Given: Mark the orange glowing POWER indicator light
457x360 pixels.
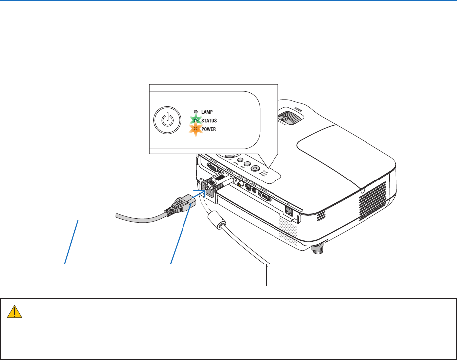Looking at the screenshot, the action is (x=196, y=128).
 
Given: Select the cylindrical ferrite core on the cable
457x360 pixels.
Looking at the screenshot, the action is (x=215, y=219).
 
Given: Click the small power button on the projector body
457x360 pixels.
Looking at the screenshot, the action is (x=256, y=168).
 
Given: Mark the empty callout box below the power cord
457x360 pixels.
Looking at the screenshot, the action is (x=160, y=275).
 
